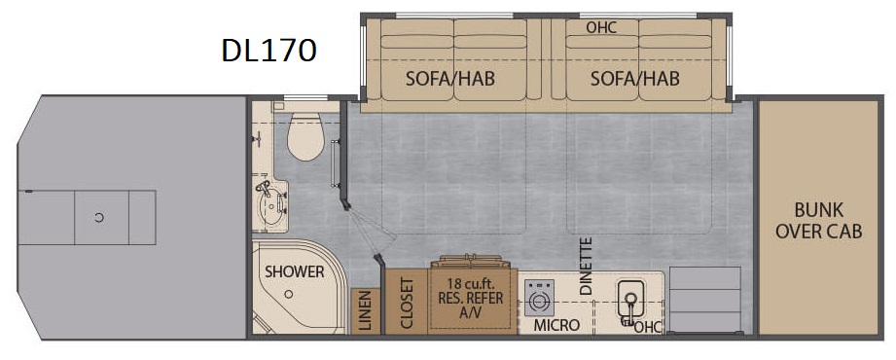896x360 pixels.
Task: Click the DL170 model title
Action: (269, 51)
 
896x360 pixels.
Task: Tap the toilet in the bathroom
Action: (305, 135)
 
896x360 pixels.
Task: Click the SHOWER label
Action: (294, 272)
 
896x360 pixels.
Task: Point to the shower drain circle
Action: (290, 294)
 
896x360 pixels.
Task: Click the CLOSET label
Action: (407, 303)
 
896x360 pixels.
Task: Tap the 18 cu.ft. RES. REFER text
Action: (470, 290)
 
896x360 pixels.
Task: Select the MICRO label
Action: (556, 325)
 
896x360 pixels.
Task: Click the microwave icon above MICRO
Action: (539, 298)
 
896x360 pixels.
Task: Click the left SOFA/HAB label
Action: (450, 78)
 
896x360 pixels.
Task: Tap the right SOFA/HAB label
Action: (635, 78)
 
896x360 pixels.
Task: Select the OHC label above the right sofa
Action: (602, 27)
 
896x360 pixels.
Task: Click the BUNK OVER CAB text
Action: (819, 221)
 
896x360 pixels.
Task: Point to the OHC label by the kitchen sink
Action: (647, 327)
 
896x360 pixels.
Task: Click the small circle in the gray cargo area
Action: (99, 217)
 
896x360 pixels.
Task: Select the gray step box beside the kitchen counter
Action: (704, 300)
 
